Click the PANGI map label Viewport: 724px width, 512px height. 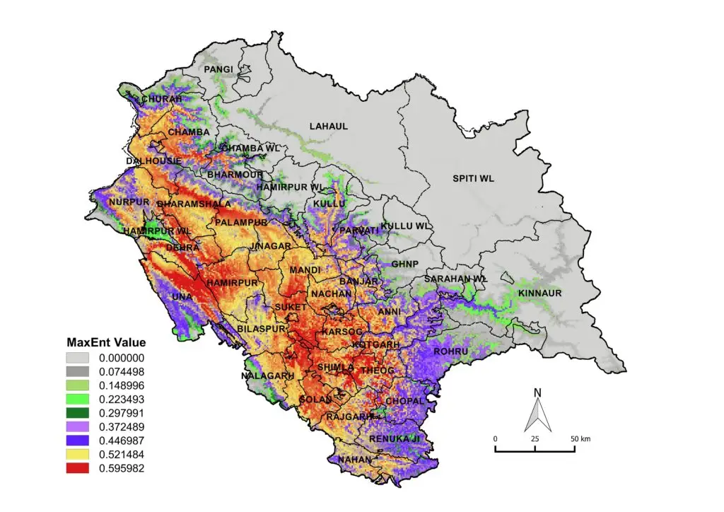click(x=218, y=69)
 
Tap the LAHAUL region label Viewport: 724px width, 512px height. click(x=328, y=127)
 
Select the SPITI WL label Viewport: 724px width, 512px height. click(x=473, y=178)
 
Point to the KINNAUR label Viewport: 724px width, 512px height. click(x=539, y=293)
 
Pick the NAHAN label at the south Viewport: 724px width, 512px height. click(x=354, y=459)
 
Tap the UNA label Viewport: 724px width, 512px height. click(x=182, y=297)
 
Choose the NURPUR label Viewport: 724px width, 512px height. click(x=129, y=202)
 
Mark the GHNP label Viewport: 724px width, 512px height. click(x=405, y=264)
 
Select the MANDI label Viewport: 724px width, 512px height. click(x=305, y=270)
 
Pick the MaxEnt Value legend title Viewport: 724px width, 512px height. click(x=106, y=342)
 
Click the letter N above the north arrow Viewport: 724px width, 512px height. click(x=537, y=392)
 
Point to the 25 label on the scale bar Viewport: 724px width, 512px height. click(x=535, y=439)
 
